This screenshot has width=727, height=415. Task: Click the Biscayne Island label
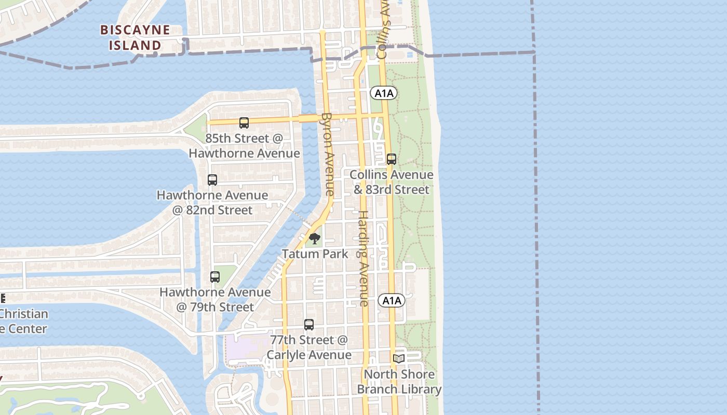pyautogui.click(x=135, y=37)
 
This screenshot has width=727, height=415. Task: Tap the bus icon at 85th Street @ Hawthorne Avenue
pyautogui.click(x=244, y=123)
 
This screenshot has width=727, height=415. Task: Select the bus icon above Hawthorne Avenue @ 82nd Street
pyautogui.click(x=212, y=180)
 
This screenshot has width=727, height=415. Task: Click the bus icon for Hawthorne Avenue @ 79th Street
pyautogui.click(x=215, y=277)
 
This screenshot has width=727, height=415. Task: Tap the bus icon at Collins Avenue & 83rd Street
pyautogui.click(x=392, y=159)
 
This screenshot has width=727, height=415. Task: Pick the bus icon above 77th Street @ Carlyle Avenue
pyautogui.click(x=309, y=325)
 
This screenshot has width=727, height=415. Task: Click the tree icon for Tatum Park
pyautogui.click(x=315, y=239)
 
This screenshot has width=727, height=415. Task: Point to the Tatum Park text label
pyautogui.click(x=315, y=254)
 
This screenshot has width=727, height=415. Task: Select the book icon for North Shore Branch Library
pyautogui.click(x=399, y=358)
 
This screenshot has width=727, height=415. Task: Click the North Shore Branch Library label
pyautogui.click(x=399, y=381)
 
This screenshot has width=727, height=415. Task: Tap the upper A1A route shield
pyautogui.click(x=384, y=93)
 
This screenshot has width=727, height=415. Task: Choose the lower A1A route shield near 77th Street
pyautogui.click(x=391, y=300)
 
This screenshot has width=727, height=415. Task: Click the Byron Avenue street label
pyautogui.click(x=328, y=154)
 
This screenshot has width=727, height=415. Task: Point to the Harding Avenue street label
pyautogui.click(x=363, y=258)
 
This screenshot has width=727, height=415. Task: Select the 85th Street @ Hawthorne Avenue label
pyautogui.click(x=244, y=146)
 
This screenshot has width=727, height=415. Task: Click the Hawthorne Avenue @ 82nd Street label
pyautogui.click(x=212, y=202)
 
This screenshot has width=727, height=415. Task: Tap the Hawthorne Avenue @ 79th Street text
pyautogui.click(x=215, y=299)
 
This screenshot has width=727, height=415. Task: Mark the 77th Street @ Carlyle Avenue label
pyautogui.click(x=309, y=347)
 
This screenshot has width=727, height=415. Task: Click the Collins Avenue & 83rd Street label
pyautogui.click(x=392, y=182)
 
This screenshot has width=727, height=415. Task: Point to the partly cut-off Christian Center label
pyautogui.click(x=23, y=321)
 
